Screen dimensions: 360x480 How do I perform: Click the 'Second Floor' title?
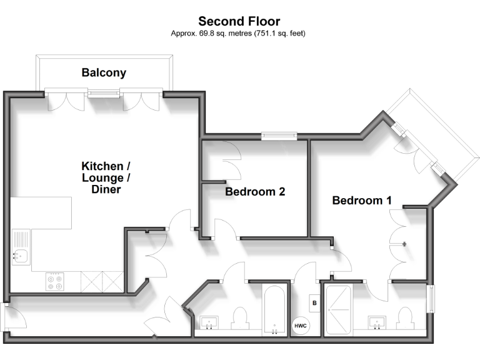click(x=239, y=21)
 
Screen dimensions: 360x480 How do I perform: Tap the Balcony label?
click(x=104, y=72)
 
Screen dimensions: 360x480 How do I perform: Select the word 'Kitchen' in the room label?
click(x=102, y=166)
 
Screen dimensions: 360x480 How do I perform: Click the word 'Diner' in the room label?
click(x=106, y=189)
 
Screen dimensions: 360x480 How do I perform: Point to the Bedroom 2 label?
click(x=255, y=192)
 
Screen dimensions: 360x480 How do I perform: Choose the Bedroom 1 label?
click(x=362, y=201)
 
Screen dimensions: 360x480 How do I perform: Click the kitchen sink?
click(x=21, y=255)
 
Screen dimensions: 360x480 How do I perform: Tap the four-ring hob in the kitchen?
click(x=54, y=281)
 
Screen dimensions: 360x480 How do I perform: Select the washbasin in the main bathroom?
click(x=209, y=323)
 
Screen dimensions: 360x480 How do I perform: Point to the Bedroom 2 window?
click(x=279, y=134)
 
